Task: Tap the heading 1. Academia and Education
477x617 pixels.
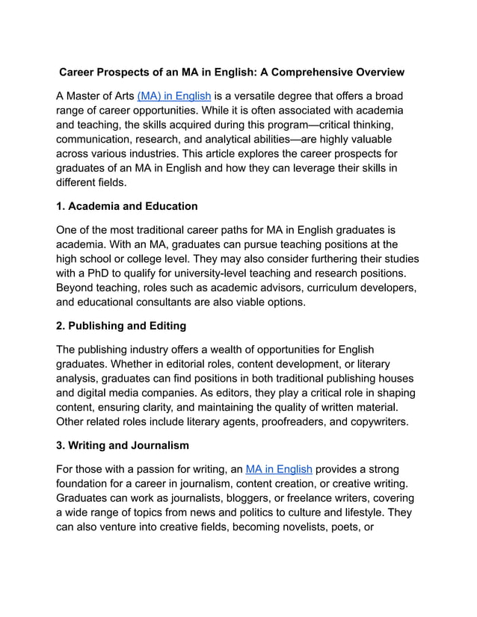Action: tap(127, 206)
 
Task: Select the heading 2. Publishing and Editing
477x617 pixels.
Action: tap(121, 326)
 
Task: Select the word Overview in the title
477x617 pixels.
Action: tap(378, 73)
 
